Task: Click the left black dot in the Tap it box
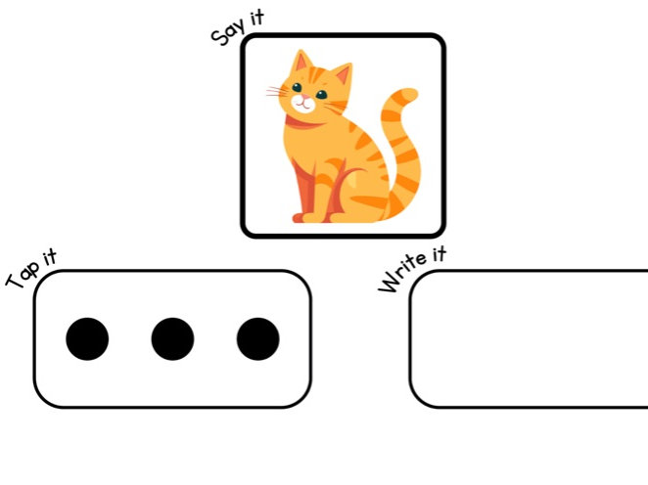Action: [x=87, y=339]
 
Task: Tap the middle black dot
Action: [x=172, y=339]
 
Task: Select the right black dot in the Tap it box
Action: [x=257, y=339]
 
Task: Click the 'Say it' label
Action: [x=237, y=27]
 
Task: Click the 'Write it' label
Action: [x=412, y=269]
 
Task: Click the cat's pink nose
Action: [x=306, y=98]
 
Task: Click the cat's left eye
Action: [x=297, y=88]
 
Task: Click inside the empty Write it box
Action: [x=529, y=339]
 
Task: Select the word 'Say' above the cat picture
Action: [x=227, y=32]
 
